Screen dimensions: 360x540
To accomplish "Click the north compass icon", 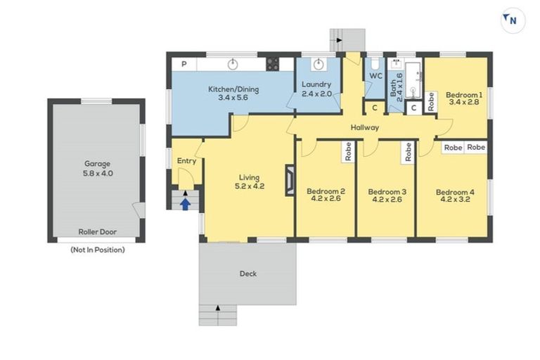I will coord(512,20).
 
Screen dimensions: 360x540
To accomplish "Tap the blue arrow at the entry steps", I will coord(185,204).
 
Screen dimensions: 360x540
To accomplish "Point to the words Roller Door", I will coord(97,231).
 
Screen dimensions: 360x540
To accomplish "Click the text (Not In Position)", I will coord(97,250).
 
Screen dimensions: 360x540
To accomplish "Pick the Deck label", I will coord(247,274).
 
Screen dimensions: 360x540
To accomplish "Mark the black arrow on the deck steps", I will coord(218,307).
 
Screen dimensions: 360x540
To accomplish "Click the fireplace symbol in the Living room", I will coord(289,179).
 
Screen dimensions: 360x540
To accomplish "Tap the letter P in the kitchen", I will coord(184,65).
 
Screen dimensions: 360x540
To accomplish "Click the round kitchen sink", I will coord(233,65).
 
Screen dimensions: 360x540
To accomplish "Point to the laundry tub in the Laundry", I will coord(318,65).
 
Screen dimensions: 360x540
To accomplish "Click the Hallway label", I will coord(366,127).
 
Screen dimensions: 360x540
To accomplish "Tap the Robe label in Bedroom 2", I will coord(347,152).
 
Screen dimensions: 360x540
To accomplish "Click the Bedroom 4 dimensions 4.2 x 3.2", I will coord(451,200).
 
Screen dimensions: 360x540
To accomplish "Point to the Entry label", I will coord(186,161).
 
